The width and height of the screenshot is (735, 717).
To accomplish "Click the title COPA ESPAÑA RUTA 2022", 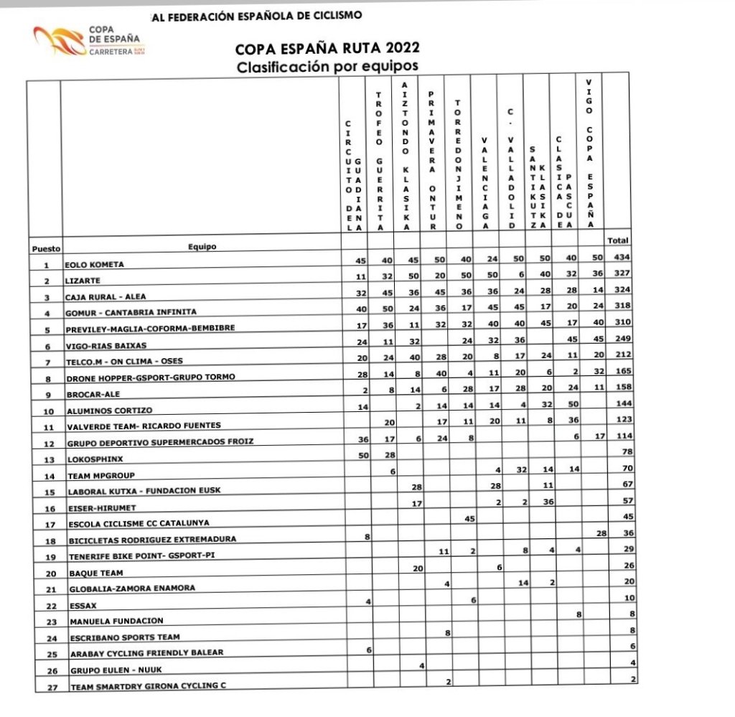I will tap(327, 50).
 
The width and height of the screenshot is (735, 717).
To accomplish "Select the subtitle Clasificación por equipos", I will tap(327, 66).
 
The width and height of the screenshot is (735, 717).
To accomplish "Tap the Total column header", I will tap(618, 240).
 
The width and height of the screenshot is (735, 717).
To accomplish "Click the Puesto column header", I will tap(45, 249).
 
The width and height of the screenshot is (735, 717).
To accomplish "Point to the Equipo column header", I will tap(202, 247).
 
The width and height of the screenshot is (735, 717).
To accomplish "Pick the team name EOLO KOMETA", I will tap(95, 265).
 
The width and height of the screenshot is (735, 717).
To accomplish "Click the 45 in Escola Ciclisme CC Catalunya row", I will tap(471, 518).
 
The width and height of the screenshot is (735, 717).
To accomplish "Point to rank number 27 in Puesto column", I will tap(45, 686).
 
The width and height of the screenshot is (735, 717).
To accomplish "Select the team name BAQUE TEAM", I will tap(95, 573).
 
